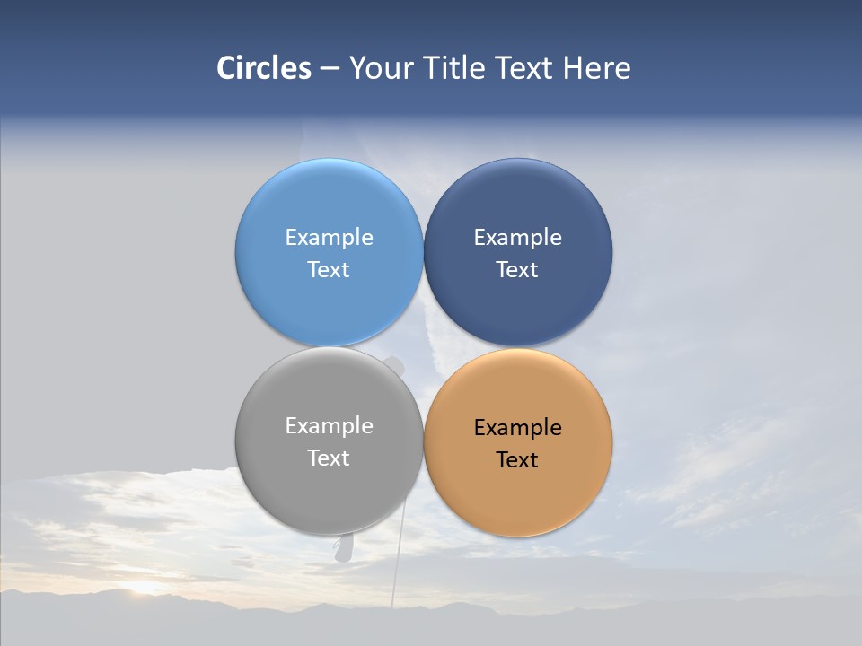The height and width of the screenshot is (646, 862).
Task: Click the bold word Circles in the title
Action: pos(263,68)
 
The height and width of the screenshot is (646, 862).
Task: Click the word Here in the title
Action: pos(597,68)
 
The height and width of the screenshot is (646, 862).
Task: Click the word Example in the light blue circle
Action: pos(329,237)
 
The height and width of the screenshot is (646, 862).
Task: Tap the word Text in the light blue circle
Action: pos(329,269)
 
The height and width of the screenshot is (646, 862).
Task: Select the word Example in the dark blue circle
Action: pos(517,237)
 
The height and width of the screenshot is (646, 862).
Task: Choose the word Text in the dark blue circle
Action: pos(517,269)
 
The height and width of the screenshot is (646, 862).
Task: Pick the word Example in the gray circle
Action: pos(329,425)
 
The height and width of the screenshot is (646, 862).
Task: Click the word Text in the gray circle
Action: pos(329,458)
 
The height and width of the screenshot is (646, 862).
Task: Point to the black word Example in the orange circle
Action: pos(517,427)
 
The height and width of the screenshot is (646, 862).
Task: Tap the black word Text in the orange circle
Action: pos(517,459)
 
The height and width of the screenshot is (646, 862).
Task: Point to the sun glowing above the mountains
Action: pos(144,588)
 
